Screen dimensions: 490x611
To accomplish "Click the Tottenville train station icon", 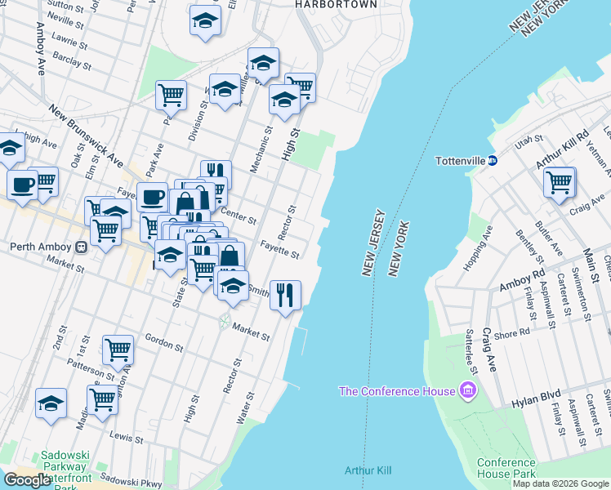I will (493, 160).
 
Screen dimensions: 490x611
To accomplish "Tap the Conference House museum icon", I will (468, 390).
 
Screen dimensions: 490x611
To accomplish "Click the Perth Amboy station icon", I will (81, 247).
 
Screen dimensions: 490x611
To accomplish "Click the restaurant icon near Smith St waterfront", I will (285, 295).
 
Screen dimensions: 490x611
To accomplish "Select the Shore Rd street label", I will (512, 333).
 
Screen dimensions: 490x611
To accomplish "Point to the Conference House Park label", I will (506, 468).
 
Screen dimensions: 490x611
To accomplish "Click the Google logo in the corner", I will (27, 480).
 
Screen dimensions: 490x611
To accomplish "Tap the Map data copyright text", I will (560, 483).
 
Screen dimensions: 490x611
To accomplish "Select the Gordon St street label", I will (163, 342).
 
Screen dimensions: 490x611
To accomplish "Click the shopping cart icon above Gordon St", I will (118, 350).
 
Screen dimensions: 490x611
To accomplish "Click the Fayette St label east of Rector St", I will (279, 248).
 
